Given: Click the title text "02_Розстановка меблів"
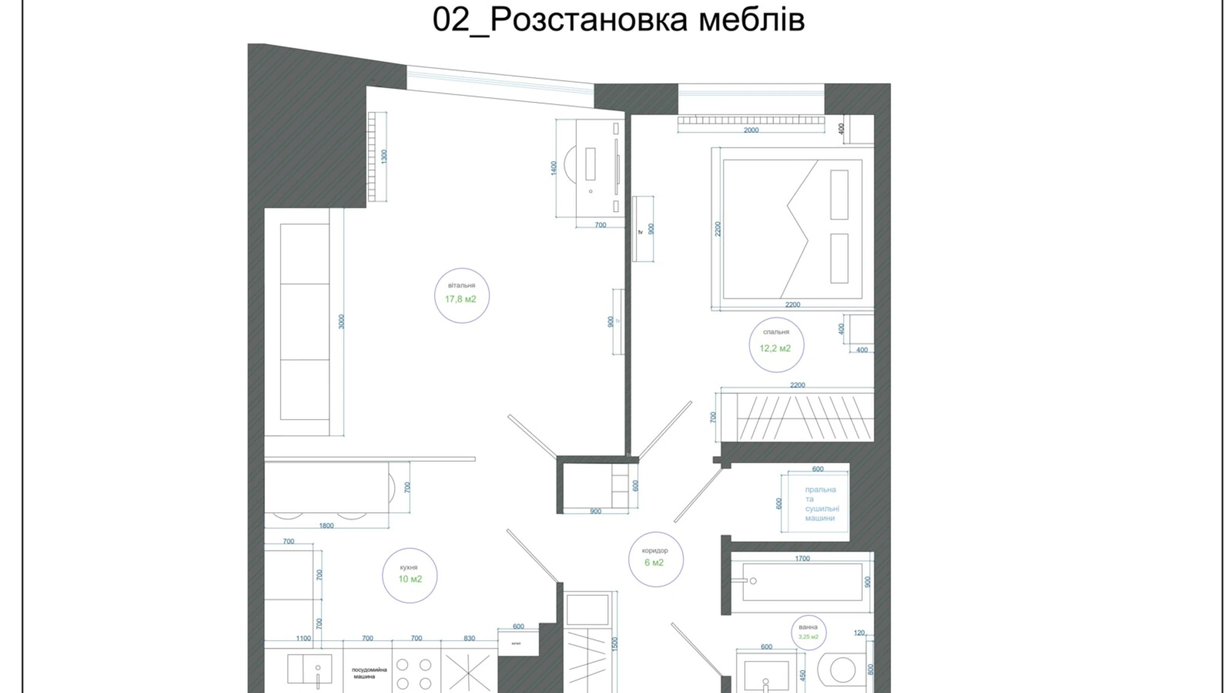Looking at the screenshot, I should (x=618, y=19).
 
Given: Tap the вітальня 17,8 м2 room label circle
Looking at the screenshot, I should (x=462, y=295).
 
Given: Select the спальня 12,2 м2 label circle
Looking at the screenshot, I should (x=776, y=345).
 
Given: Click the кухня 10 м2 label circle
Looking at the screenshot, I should (x=410, y=576).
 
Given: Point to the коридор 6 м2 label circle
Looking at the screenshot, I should (x=655, y=559).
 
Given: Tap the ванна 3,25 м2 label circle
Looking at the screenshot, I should (x=808, y=632).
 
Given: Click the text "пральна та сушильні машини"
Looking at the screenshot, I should (x=820, y=504).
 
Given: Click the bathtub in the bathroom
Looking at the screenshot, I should (x=802, y=582).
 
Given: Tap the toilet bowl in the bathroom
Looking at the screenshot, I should (x=841, y=670).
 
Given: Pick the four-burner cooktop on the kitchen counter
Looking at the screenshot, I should (x=414, y=674).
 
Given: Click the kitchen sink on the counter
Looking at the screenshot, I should (x=309, y=669).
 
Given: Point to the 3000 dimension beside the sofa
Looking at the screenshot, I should (x=341, y=322).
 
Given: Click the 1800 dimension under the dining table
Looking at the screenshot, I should (x=326, y=526).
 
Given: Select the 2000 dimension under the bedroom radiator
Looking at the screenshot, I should (x=751, y=131).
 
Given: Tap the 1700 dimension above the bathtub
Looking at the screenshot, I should (x=802, y=558).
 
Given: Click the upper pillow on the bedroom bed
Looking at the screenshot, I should (x=839, y=195).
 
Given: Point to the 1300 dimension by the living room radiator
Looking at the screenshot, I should (x=384, y=157).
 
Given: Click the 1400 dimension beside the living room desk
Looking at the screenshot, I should (x=553, y=168).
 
